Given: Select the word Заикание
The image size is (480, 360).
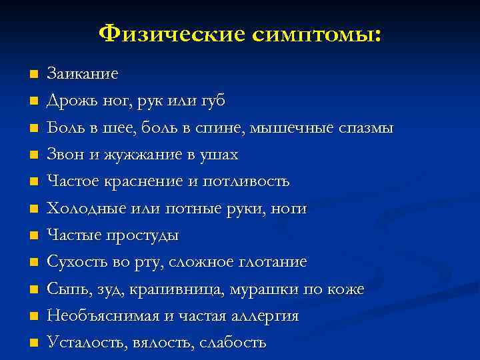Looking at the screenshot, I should [x=83, y=73].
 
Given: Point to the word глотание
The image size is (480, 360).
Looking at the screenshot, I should [x=270, y=262].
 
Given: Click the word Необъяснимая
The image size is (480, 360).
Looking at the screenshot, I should [x=98, y=316].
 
